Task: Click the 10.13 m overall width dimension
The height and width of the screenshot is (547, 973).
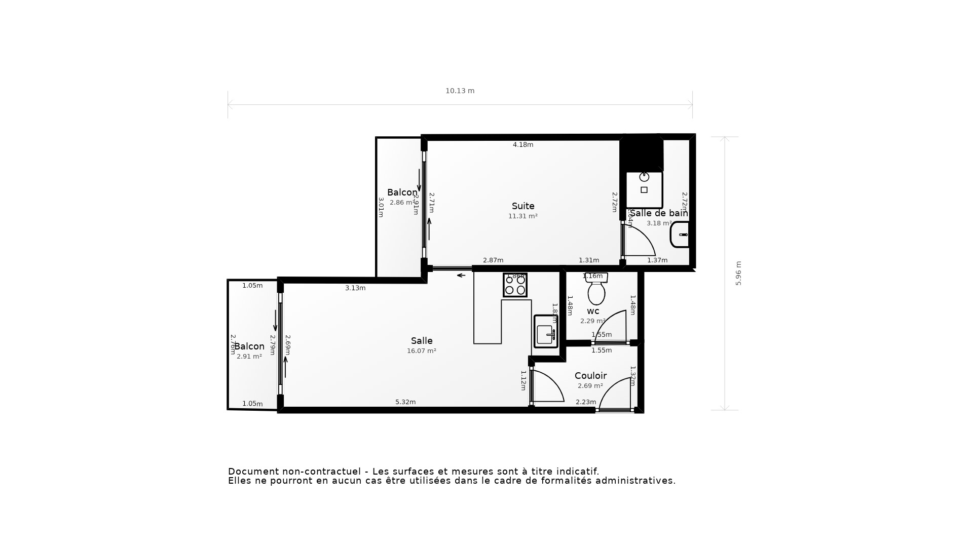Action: coord(460,91)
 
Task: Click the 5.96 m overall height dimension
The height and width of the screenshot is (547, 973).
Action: coord(738,273)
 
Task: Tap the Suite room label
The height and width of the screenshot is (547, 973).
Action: coord(523,206)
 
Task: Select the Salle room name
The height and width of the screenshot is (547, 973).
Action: coord(422,341)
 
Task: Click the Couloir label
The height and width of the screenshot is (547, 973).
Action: coord(590,376)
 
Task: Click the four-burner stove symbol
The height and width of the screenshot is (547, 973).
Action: coord(515,285)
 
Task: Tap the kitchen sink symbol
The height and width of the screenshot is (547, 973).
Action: coord(545,334)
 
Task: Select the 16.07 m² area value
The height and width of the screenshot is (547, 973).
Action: coord(422,351)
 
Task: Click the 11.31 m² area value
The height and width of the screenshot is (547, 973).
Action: coord(523,216)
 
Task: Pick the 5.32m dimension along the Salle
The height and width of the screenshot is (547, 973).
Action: coord(405,402)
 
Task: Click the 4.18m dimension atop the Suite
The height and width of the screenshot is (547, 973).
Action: coord(523,145)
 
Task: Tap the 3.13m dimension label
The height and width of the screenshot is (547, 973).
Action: coord(355,288)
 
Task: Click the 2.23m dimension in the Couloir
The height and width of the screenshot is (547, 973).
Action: coord(586,402)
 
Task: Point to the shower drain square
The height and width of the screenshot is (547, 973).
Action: coord(644,190)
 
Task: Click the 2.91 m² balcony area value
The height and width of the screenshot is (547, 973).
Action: coord(249,357)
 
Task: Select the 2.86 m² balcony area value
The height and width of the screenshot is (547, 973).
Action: coord(402,203)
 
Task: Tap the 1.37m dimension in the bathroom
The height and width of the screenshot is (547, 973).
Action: coord(657,260)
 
